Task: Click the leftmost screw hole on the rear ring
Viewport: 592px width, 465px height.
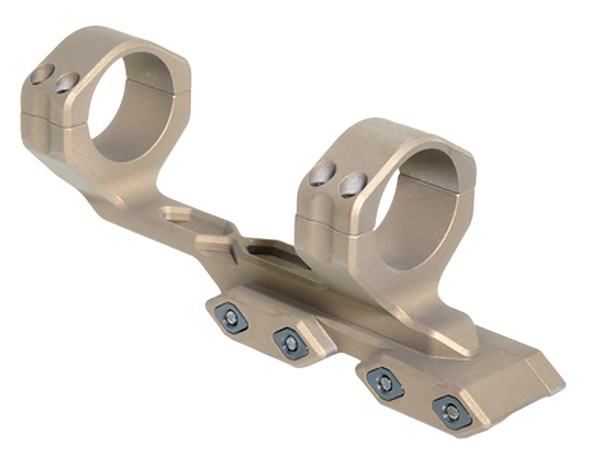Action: coord(41,76)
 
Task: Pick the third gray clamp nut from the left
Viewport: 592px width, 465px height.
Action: coord(382,380)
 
